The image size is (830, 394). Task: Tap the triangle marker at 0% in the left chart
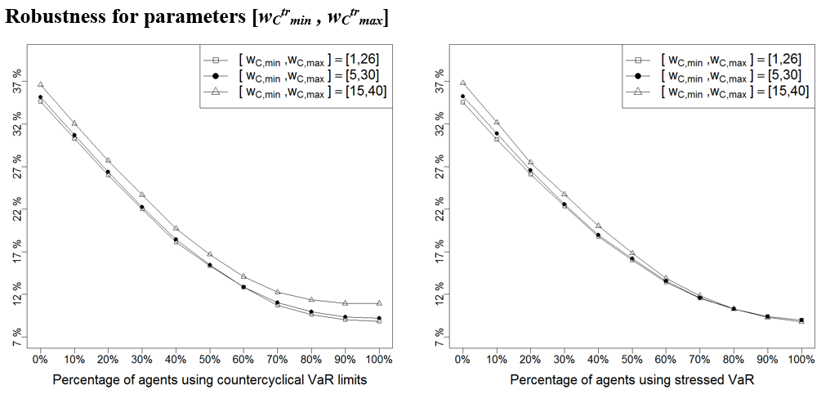[x=40, y=84]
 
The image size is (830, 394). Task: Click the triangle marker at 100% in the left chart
[x=379, y=303]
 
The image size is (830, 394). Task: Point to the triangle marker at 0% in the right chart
[x=462, y=83]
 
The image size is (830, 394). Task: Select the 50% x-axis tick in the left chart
[x=209, y=358]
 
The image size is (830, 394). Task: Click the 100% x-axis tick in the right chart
[x=801, y=358]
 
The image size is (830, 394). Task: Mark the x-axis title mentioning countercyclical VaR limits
[x=209, y=380]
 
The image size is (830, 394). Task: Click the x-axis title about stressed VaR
[x=631, y=380]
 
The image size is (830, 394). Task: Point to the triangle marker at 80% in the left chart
[x=311, y=299]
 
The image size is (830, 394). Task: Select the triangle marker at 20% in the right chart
[x=530, y=163]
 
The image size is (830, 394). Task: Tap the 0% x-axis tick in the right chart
[x=462, y=358]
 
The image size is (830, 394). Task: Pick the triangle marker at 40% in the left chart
[x=176, y=228]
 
